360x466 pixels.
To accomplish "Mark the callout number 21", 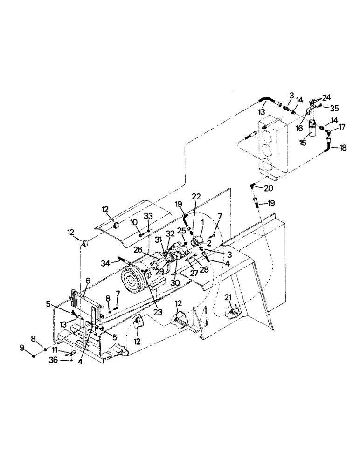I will pos(228,297).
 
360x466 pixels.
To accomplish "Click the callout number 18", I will pos(343,148).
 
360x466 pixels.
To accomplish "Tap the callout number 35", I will pos(334,109).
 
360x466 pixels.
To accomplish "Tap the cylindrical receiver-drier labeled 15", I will pos(312,129).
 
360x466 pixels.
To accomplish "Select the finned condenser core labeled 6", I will pos(81,308).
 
